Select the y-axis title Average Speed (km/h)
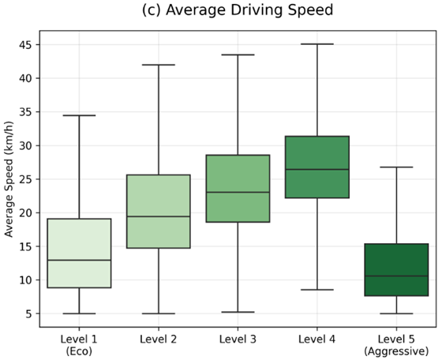(9, 179)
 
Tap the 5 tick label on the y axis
(29, 313)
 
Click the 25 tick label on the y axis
(25, 179)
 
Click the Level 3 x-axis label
(238, 339)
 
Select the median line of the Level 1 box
(79, 261)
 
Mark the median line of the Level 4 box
(317, 170)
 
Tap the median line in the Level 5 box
(396, 276)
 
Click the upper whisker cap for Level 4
(317, 44)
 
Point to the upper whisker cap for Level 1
(79, 115)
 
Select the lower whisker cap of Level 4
(317, 290)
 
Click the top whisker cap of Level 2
(159, 65)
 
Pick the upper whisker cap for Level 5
(396, 167)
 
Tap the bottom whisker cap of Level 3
(238, 312)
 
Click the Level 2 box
(159, 212)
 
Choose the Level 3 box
(238, 189)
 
